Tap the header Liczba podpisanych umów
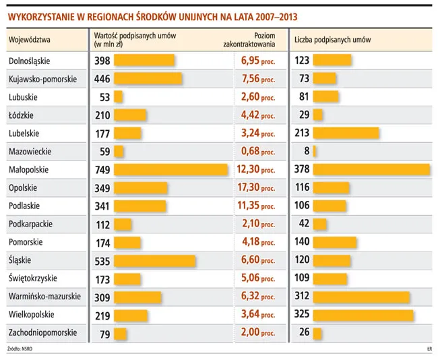332,40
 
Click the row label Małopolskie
29,169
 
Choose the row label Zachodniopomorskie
42,333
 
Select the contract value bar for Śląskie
155,260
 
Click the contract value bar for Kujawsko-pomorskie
148,78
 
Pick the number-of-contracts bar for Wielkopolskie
363,315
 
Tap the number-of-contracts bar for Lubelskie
346,133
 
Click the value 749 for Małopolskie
103,169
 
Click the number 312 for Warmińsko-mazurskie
303,297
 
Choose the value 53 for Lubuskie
104,96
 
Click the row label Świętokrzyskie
32,278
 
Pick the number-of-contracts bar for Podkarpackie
320,224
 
